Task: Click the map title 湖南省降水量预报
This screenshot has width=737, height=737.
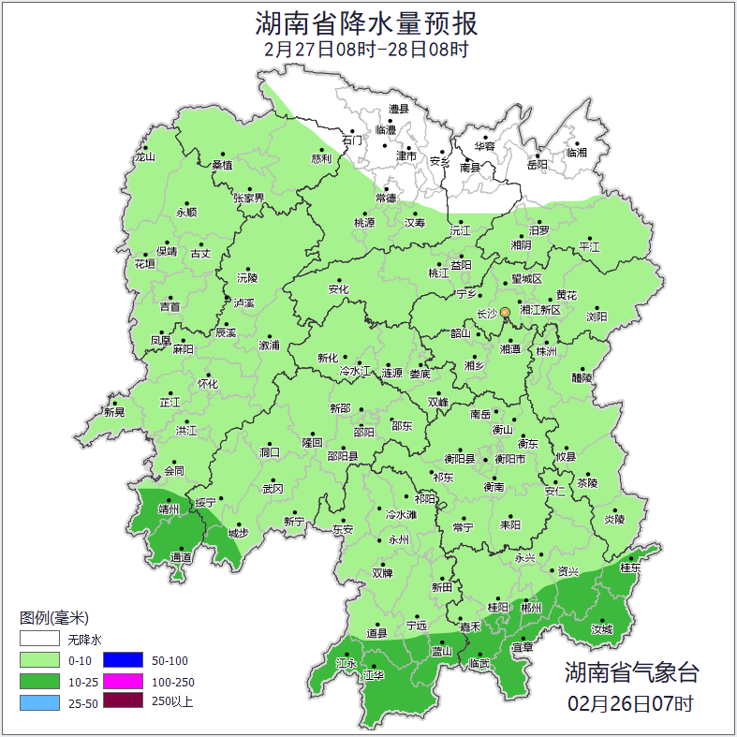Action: click(367, 22)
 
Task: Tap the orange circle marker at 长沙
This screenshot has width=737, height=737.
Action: click(505, 312)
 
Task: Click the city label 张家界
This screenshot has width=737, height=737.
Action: click(249, 198)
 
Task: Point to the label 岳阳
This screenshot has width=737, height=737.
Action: click(538, 165)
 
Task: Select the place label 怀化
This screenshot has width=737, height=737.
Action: click(208, 384)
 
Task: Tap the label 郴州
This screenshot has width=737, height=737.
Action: click(532, 608)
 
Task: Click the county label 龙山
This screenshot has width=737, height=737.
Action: click(144, 157)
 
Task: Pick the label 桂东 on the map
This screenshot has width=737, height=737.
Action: click(630, 567)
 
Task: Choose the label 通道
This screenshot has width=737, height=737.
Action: click(181, 558)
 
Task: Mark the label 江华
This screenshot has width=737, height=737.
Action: click(374, 675)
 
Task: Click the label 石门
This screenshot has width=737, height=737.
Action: click(352, 140)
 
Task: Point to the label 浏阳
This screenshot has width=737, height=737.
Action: click(597, 317)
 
